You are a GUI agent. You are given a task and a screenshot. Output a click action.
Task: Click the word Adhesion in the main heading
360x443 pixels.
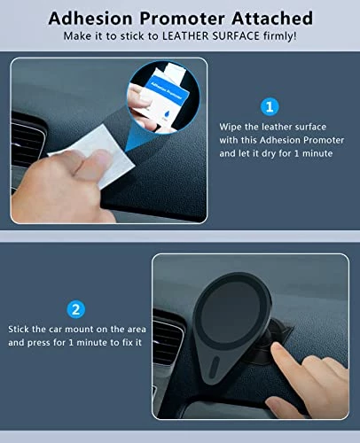[90, 18]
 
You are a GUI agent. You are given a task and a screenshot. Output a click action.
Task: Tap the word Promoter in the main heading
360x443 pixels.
[182, 18]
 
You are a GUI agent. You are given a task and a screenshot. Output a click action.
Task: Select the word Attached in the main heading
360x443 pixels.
[272, 18]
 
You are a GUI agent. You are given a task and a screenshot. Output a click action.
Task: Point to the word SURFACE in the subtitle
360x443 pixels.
[236, 36]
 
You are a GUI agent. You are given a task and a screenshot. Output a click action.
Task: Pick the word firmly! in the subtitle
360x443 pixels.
[279, 36]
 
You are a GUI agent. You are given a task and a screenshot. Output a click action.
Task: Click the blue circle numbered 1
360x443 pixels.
[270, 106]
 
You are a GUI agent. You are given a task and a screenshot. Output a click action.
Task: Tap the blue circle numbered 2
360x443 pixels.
[76, 309]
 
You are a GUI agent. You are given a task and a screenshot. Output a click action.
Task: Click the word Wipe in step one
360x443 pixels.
[231, 128]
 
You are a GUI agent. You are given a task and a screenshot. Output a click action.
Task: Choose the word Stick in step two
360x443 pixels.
[19, 329]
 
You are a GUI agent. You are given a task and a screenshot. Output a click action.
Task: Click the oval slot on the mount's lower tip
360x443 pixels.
[214, 367]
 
